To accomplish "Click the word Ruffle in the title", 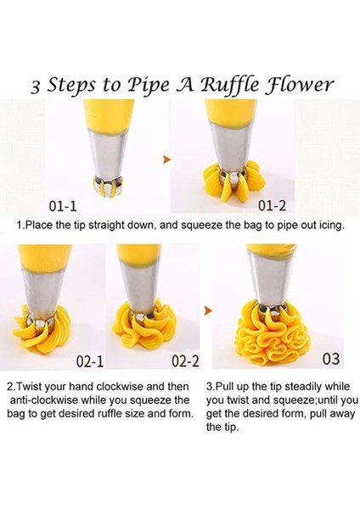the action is click(x=230, y=86).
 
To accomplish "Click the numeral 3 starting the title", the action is click(x=36, y=87).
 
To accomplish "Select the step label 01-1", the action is click(x=63, y=206).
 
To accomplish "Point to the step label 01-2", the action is click(x=272, y=205).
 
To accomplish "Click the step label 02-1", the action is click(x=90, y=361).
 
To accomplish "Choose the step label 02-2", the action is click(x=185, y=361).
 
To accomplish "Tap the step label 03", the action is click(x=331, y=358).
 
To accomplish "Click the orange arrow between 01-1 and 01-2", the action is click(x=167, y=159).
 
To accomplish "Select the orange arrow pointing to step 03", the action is click(x=208, y=310).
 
